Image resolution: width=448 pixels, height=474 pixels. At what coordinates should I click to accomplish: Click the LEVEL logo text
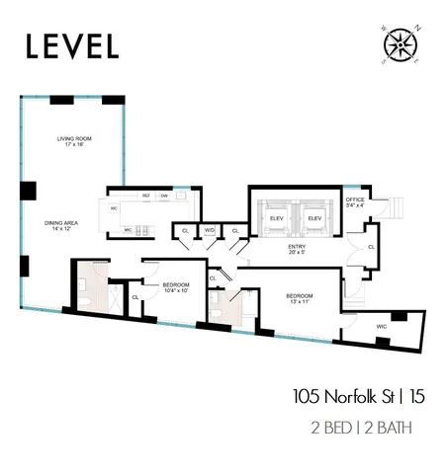point(72,45)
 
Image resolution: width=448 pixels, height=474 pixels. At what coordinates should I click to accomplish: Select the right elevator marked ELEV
point(314,217)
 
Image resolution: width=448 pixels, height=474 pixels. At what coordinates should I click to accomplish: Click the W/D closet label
point(210,230)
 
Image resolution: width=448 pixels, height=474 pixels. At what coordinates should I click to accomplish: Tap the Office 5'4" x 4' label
point(355,202)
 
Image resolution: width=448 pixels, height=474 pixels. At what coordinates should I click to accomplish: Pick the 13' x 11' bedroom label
point(300,298)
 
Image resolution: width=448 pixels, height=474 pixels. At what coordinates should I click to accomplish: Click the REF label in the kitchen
point(145,197)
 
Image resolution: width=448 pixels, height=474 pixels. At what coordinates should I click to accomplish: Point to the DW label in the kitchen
point(164,197)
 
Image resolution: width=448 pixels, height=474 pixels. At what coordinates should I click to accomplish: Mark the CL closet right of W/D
point(235,230)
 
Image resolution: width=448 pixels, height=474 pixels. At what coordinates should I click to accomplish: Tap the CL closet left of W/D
point(185,230)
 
